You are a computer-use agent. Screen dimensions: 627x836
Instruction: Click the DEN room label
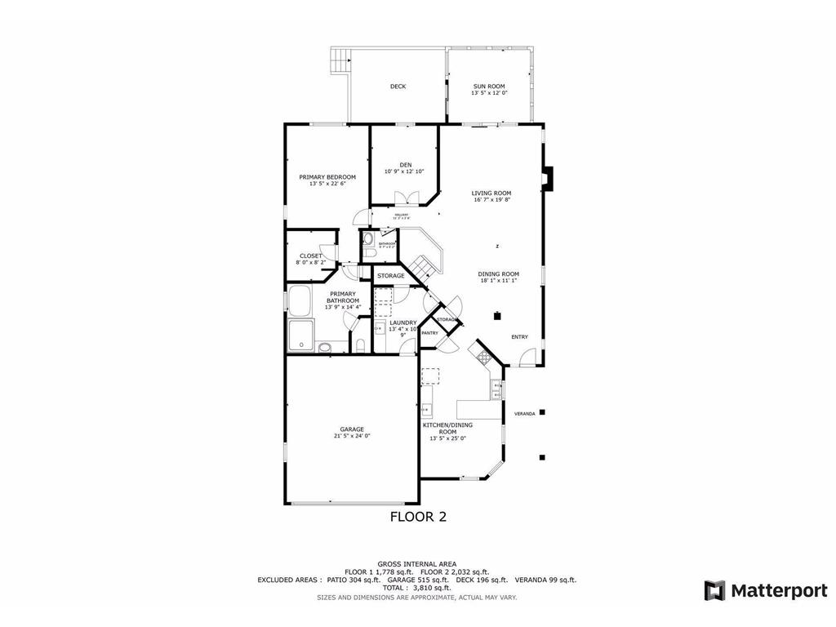[405, 164]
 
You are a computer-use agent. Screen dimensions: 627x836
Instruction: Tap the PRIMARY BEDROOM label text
[327, 177]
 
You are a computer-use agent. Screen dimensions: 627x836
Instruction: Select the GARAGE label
[352, 429]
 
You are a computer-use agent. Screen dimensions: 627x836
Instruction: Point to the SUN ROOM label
[489, 86]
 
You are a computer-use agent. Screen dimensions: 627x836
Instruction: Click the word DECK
[398, 87]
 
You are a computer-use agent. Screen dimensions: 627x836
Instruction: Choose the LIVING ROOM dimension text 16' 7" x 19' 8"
[491, 200]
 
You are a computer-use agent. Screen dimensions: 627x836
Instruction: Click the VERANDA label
[524, 414]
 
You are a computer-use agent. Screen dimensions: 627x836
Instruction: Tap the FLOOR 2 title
[417, 516]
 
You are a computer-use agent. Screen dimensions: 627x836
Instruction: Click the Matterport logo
[766, 590]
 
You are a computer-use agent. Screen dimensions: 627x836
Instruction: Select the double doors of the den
[405, 198]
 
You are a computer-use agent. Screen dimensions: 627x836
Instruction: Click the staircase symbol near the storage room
[422, 265]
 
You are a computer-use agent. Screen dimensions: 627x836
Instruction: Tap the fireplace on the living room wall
[548, 178]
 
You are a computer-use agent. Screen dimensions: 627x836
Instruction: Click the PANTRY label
[429, 333]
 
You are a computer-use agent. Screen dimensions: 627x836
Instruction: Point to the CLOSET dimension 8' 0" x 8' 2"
[309, 263]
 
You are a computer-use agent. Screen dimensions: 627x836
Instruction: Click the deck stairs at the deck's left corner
[340, 60]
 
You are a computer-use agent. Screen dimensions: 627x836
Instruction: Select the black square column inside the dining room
[496, 315]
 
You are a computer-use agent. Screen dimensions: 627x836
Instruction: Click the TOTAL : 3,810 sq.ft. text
[417, 588]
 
